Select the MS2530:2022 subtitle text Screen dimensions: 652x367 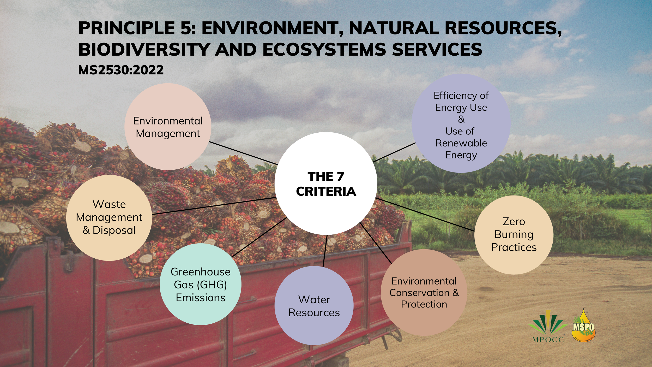click(121, 70)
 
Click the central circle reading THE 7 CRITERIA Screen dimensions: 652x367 click(326, 183)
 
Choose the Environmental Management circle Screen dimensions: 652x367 click(168, 127)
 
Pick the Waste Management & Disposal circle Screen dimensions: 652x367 click(109, 218)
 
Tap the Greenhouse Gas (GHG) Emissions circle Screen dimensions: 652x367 click(201, 284)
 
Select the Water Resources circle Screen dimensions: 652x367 click(314, 306)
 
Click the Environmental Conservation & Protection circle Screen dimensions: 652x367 click(424, 292)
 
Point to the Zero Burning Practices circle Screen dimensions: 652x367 click(514, 235)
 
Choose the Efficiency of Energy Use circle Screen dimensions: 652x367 click(461, 123)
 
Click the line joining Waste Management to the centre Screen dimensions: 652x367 click(214, 206)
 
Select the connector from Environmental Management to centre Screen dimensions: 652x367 click(244, 153)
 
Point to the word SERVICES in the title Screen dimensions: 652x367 click(437, 49)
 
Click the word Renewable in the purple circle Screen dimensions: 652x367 click(461, 143)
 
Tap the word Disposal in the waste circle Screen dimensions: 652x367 click(114, 230)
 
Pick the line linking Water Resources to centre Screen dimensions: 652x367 click(325, 251)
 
